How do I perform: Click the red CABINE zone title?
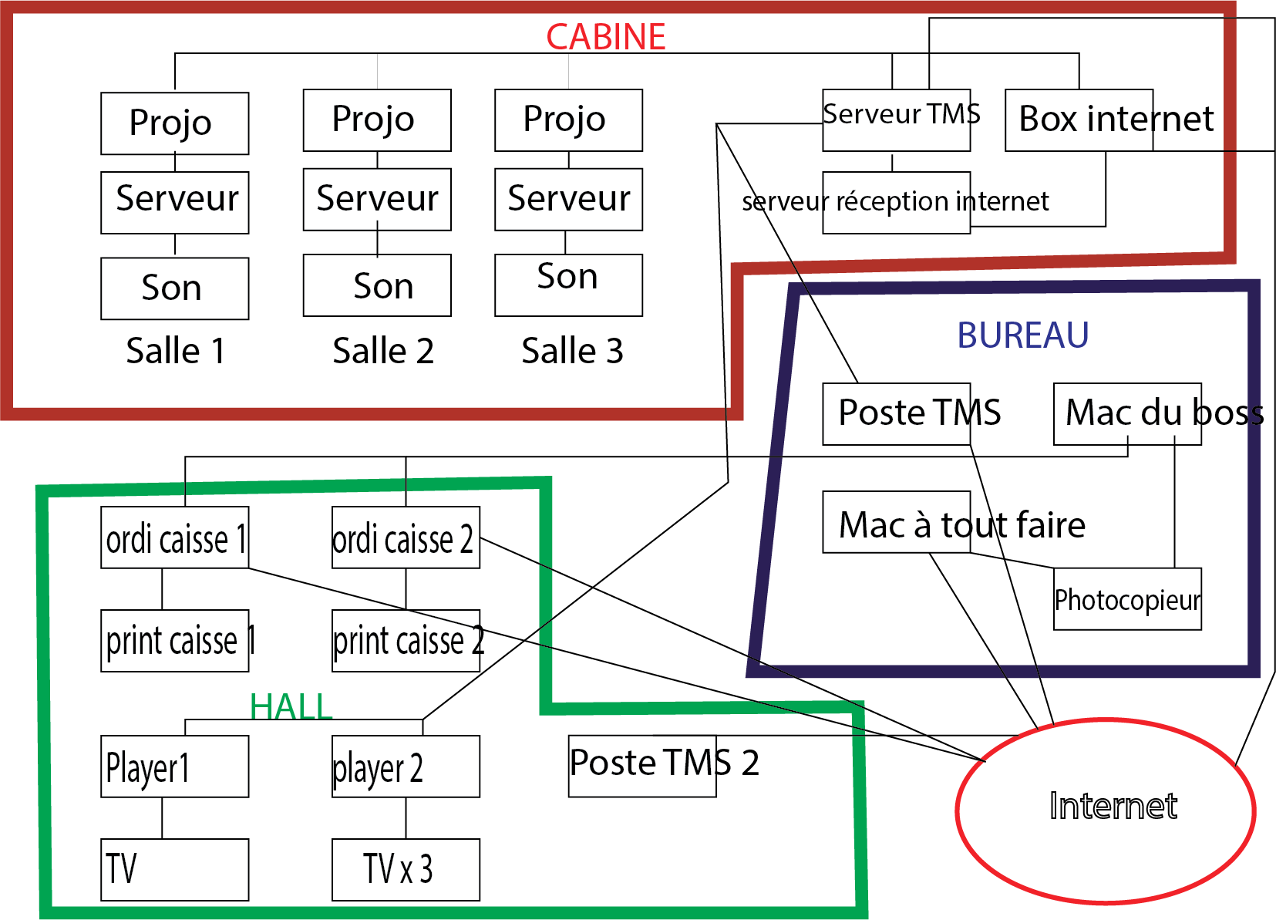point(606,36)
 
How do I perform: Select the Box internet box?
point(1079,120)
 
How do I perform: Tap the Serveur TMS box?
point(896,120)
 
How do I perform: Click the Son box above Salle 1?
point(174,288)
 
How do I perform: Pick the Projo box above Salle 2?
point(377,120)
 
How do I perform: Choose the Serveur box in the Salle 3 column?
point(568,199)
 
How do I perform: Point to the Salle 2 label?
point(383,351)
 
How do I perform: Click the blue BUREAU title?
point(1022,335)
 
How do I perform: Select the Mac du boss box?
point(1127,413)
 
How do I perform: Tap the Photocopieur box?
point(1127,599)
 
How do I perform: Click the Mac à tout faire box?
point(896,522)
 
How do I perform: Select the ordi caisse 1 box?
point(174,538)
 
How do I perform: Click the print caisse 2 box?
point(406,640)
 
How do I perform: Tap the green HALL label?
point(291,706)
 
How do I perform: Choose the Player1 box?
point(174,766)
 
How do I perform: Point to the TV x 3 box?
point(406,869)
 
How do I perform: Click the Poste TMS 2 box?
point(642,766)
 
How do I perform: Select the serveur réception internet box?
point(896,202)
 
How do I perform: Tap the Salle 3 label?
point(572,351)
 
